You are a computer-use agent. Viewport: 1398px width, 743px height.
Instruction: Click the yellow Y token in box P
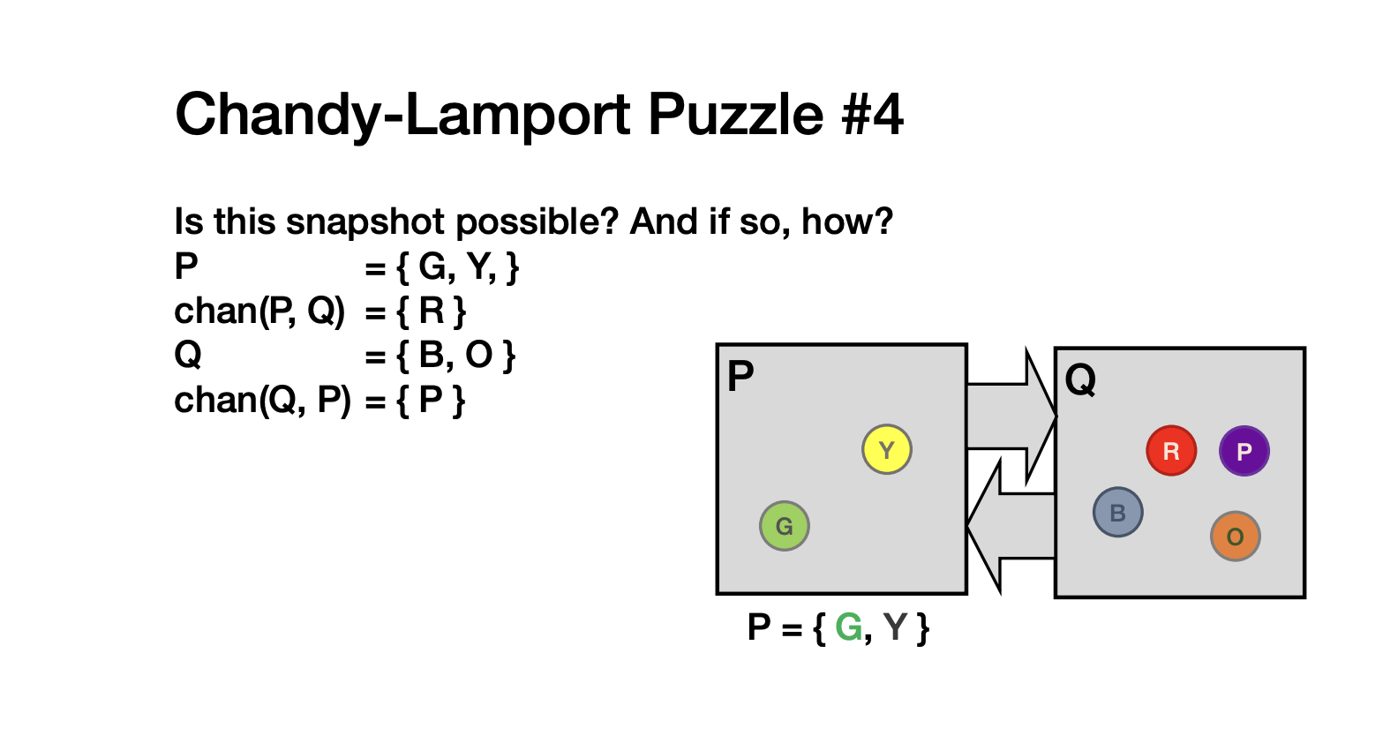click(887, 449)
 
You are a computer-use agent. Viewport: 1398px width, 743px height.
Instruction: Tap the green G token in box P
click(785, 526)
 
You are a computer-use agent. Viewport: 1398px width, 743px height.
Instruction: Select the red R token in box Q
click(1171, 450)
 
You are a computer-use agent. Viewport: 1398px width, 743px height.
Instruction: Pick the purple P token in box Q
click(1244, 450)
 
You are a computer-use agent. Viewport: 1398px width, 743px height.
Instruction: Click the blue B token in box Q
click(1117, 512)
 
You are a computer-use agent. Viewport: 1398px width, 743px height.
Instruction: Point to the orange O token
click(1235, 537)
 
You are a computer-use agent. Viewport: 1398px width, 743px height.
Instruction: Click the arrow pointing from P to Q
click(1011, 416)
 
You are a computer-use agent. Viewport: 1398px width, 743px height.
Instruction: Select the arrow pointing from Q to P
click(1011, 526)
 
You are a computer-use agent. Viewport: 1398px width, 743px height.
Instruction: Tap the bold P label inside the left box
click(740, 376)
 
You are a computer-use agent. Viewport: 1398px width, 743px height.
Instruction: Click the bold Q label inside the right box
click(1079, 379)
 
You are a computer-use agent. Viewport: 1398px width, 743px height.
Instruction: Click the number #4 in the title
click(872, 114)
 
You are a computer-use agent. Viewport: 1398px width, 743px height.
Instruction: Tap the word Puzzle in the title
click(736, 114)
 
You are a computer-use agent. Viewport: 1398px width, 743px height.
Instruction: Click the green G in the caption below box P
click(848, 627)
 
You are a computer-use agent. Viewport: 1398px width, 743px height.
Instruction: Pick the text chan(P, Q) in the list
click(259, 311)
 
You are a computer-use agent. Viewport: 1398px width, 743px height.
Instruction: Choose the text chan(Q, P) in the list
click(262, 400)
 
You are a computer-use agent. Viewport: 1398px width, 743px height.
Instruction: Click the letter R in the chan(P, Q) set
click(432, 311)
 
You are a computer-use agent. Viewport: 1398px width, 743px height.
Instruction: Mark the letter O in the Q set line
click(478, 355)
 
